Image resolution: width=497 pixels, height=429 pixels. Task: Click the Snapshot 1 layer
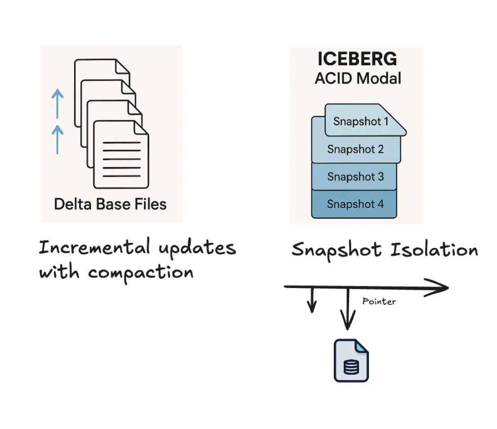[x=361, y=121]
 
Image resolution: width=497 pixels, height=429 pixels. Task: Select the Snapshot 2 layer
[x=355, y=149]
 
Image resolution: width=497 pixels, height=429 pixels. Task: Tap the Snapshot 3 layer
[x=355, y=176]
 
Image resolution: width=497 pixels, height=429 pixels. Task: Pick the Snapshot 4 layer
[x=355, y=204]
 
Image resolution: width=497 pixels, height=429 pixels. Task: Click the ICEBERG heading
[x=357, y=60]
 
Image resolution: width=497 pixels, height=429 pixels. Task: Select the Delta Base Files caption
[x=111, y=204]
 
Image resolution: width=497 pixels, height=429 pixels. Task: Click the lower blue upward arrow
[x=57, y=139]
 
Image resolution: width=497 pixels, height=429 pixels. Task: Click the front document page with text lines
[x=121, y=155]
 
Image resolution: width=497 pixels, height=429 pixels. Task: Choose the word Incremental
[x=94, y=248]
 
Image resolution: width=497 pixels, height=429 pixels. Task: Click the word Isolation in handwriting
[x=434, y=250]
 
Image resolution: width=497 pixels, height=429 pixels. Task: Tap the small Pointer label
[x=379, y=301]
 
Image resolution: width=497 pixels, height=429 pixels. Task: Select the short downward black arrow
[x=311, y=301]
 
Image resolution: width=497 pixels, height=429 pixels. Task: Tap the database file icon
[x=351, y=361]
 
